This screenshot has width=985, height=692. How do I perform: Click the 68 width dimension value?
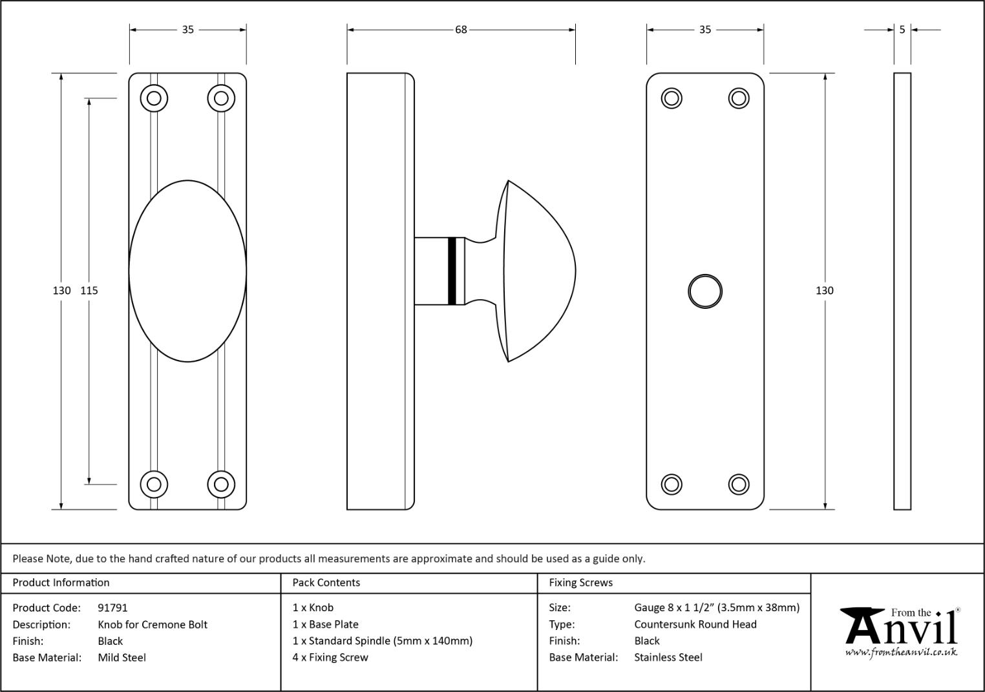461,30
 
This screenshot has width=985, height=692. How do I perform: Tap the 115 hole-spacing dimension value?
89,291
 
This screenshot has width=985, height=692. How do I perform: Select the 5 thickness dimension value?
902,30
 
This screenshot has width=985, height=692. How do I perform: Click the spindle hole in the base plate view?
704,291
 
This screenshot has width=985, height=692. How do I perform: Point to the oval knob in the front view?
187,271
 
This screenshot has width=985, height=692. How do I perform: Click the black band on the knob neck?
452,271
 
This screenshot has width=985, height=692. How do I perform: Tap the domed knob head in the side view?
536,271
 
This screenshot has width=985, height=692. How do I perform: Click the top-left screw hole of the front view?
154,98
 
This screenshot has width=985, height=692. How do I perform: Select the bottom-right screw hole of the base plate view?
738,485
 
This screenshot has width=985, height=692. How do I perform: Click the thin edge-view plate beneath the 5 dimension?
902,291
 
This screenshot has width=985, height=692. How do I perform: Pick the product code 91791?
112,608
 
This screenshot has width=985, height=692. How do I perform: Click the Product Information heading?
61,583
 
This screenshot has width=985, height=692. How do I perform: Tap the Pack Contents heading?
326,583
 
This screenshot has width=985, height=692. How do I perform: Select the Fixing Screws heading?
580,583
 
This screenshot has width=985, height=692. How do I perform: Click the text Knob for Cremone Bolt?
153,625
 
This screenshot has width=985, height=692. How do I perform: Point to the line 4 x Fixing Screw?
330,658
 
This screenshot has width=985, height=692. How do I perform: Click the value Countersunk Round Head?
695,625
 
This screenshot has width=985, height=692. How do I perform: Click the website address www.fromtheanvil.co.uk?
901,653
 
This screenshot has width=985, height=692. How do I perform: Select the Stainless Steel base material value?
668,658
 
